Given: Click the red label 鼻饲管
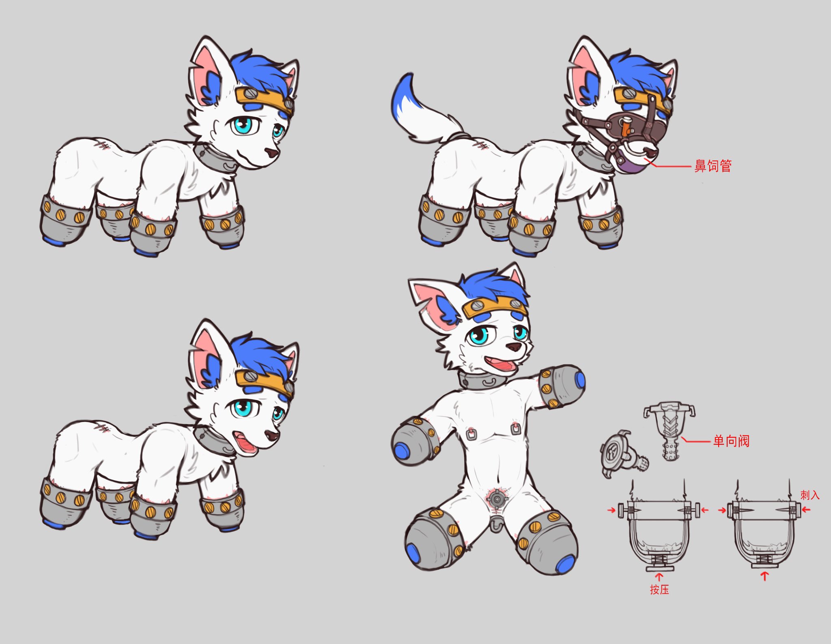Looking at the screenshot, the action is (713, 166).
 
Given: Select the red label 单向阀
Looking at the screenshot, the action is (731, 441).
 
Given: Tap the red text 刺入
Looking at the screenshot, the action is (810, 495).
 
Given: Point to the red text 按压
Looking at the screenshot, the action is (659, 589).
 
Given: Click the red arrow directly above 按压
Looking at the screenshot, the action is (659, 577).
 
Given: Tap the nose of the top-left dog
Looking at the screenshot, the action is (271, 152).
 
